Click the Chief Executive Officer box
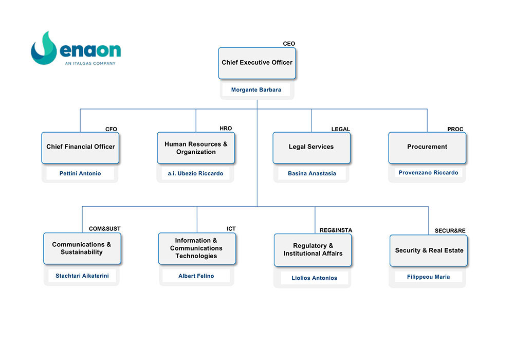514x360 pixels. point(257,63)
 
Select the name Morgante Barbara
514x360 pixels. point(256,90)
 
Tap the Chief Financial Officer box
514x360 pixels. point(80,148)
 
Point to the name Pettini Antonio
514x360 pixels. point(80,173)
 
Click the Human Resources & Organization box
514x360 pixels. point(196,148)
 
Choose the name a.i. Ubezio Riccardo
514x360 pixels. point(195,173)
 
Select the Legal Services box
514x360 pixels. point(311,148)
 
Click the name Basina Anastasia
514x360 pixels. point(312,173)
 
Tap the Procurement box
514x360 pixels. point(427,148)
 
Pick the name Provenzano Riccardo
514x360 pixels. point(428,173)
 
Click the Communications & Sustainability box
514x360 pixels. point(82,248)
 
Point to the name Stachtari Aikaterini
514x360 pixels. point(82,276)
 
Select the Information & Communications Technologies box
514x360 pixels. point(197,248)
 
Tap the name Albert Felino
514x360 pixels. point(196,276)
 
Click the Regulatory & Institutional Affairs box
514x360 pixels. point(313,250)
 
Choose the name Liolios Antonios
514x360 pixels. point(314,278)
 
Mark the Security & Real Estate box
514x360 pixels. point(429,250)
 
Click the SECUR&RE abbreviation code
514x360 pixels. point(450,231)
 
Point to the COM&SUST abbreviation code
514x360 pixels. point(104,229)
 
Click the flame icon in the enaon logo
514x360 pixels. point(44,49)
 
